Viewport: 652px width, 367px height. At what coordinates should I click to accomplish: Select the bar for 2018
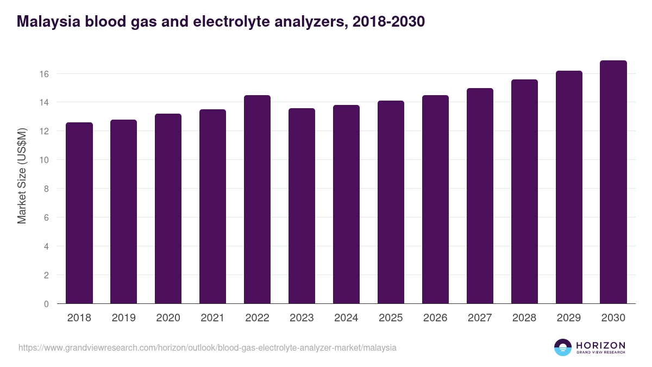(79, 213)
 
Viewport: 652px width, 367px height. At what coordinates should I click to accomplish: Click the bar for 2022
(257, 200)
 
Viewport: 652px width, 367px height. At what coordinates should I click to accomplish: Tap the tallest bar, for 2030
(613, 182)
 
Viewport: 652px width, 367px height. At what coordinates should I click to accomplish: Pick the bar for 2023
(302, 206)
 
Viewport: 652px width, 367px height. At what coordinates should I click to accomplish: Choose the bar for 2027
(480, 196)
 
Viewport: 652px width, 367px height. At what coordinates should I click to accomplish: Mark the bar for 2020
(168, 209)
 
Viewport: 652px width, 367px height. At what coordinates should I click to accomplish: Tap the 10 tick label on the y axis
(45, 160)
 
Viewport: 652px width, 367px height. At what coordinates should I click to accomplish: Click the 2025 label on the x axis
(391, 318)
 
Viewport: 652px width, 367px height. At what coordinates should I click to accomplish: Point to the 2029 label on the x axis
(569, 318)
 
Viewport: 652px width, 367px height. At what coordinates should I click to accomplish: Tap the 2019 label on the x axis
(123, 318)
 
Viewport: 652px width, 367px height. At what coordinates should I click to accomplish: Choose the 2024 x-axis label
(346, 318)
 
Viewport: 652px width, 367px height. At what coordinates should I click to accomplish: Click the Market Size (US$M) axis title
(22, 176)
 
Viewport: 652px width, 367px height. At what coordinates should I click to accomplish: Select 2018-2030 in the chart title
(388, 22)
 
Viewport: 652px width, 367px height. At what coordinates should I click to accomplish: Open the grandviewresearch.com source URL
(208, 347)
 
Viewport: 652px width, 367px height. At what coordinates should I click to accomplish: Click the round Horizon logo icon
(563, 347)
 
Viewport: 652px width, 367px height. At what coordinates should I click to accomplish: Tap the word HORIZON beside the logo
(600, 345)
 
